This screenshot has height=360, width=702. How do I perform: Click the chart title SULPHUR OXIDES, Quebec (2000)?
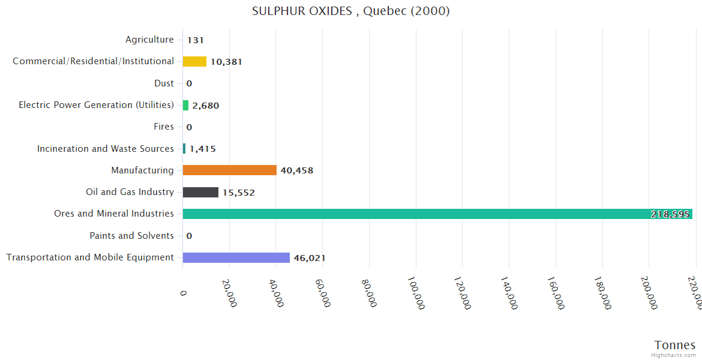point(351,11)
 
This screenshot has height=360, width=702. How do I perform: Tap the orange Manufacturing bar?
point(229,170)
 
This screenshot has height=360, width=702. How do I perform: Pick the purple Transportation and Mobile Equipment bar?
point(236,257)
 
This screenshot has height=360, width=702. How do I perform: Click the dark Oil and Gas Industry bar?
point(200,192)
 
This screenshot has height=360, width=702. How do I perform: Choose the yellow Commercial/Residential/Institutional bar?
point(194,61)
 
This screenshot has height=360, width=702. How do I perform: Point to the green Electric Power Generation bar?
point(185,105)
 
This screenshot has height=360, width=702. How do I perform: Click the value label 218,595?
point(670,214)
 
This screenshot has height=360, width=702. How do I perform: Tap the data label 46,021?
point(310,258)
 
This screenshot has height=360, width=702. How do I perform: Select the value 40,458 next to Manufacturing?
point(297,170)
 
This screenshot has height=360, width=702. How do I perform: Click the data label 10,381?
point(226,62)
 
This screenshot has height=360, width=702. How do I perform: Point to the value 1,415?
point(203,149)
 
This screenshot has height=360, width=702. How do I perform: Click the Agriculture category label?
point(149,40)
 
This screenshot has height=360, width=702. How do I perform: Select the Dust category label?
point(164,83)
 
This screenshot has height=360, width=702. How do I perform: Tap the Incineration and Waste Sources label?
point(106,149)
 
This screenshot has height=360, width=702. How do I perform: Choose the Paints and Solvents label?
point(132,236)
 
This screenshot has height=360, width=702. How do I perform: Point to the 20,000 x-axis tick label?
point(229,293)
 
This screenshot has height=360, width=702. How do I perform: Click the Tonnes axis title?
point(675,345)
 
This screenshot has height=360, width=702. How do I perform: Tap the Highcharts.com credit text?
point(673,355)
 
